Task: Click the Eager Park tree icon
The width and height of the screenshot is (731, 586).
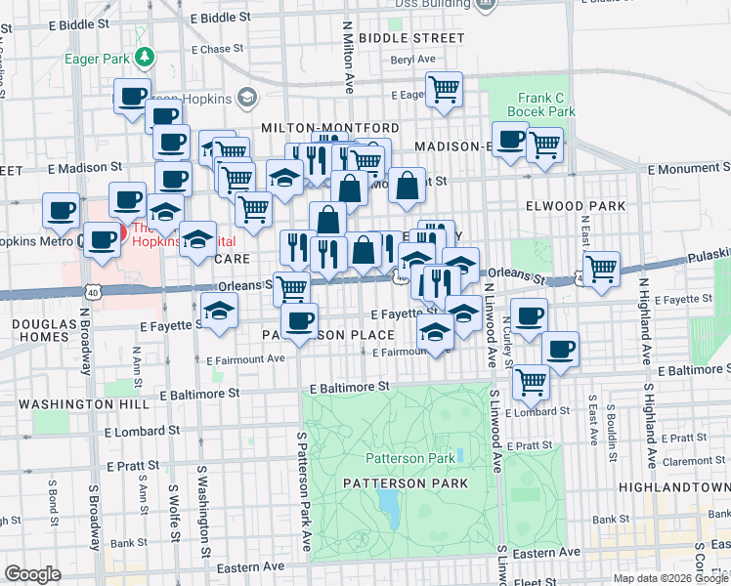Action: [145, 58]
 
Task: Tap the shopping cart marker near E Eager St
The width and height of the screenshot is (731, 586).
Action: [445, 90]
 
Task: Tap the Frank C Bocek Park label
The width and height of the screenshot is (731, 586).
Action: [533, 105]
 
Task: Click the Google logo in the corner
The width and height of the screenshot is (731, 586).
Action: [32, 573]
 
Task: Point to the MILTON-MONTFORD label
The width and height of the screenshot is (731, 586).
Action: [329, 129]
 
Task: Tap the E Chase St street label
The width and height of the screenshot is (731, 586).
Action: [217, 49]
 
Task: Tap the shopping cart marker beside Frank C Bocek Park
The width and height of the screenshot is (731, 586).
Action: [544, 145]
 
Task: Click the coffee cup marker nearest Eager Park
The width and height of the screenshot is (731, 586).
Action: [131, 96]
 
